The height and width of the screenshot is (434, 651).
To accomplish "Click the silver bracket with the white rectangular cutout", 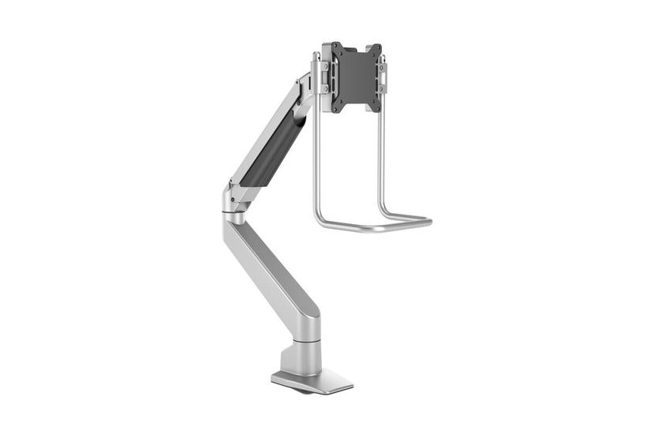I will coord(382,75).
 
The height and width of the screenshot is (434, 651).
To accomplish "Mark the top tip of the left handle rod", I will coord(316,55).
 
